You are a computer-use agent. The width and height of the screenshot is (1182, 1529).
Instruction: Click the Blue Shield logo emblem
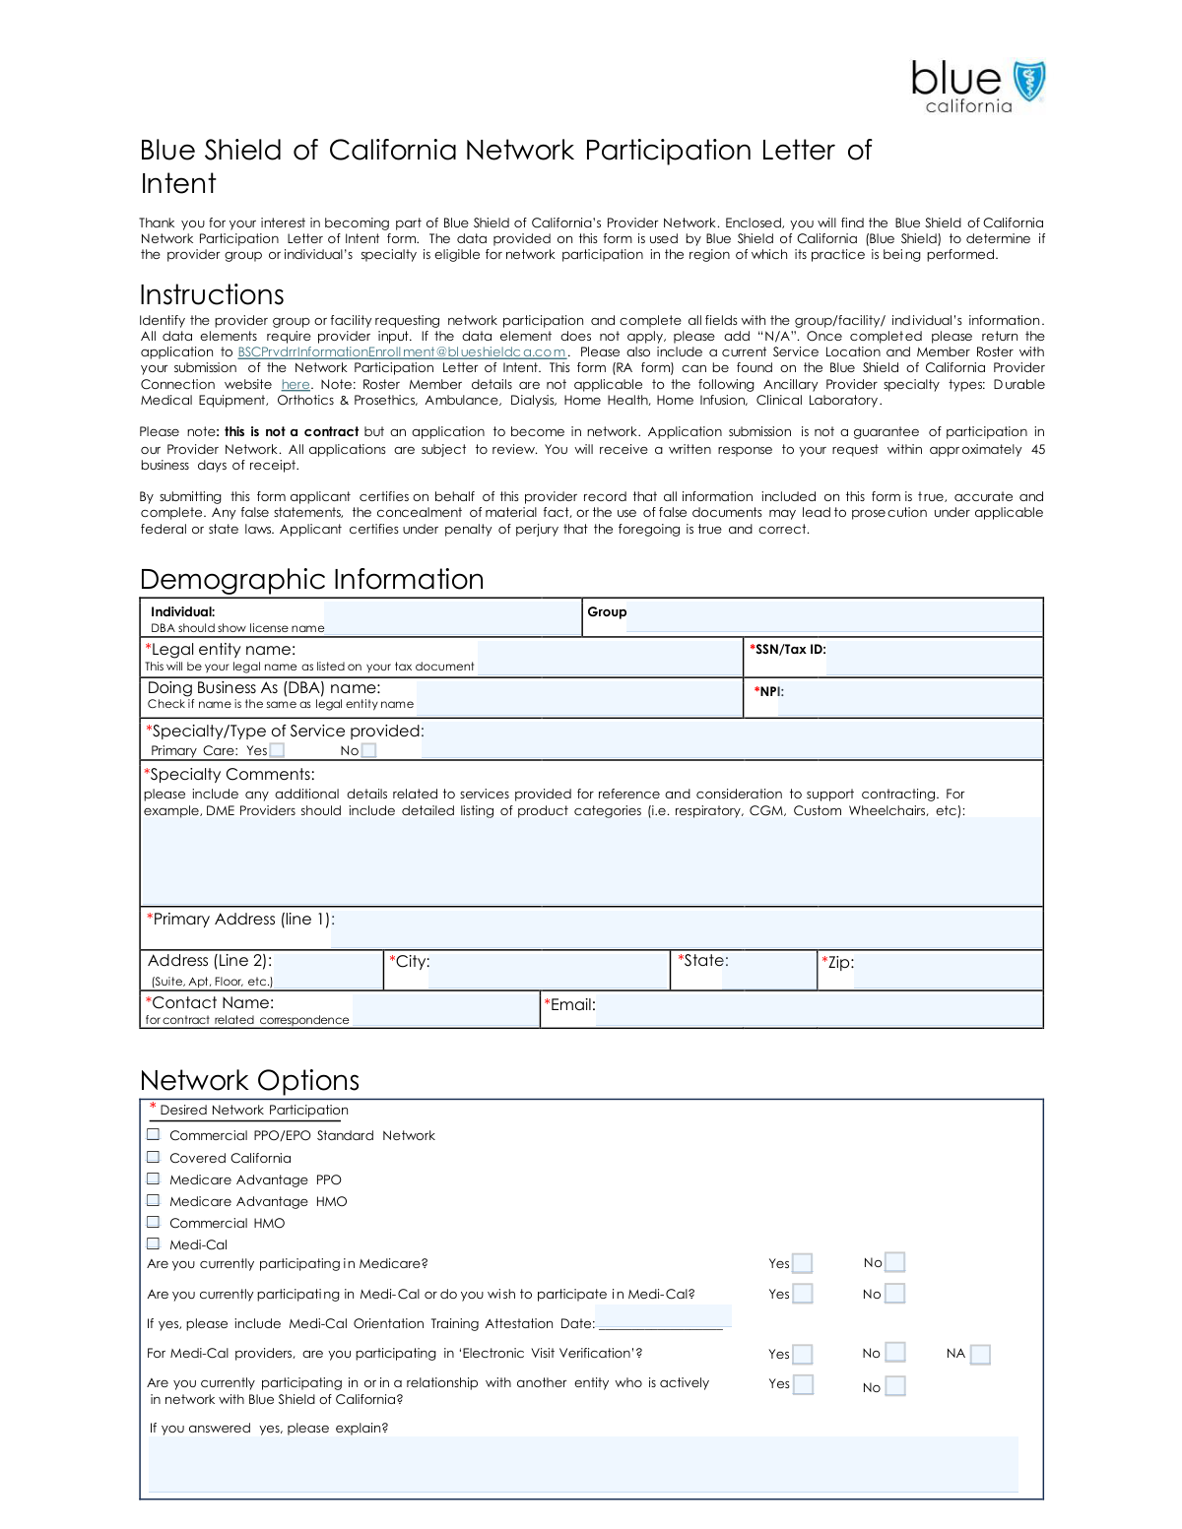[1029, 82]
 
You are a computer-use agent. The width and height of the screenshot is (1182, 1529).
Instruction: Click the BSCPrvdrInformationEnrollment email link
[402, 352]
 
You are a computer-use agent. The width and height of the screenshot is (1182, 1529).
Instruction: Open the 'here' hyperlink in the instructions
[295, 385]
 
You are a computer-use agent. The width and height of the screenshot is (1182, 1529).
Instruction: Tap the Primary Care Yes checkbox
[278, 750]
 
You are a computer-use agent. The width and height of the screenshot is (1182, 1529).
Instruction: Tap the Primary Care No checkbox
[368, 750]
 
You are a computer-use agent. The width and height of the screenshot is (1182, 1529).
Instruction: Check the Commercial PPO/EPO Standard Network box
[154, 1134]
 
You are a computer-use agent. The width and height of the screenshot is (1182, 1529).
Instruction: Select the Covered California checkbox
[154, 1157]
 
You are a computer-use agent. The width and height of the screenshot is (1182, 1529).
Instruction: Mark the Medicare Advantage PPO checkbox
[154, 1179]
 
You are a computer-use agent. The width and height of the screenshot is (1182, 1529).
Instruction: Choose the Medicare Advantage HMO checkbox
[154, 1200]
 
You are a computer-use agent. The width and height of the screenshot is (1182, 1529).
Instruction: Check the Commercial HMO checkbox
[154, 1222]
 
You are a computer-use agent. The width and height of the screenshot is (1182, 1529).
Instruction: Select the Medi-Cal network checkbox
[154, 1243]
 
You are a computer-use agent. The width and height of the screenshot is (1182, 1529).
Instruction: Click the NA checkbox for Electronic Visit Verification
[980, 1355]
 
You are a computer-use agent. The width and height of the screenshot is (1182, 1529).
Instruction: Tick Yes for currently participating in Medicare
[803, 1263]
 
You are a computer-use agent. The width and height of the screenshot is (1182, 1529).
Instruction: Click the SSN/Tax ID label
[788, 650]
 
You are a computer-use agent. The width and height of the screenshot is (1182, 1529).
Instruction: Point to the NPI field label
[769, 692]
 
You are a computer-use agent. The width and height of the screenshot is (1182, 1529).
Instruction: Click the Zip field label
[838, 962]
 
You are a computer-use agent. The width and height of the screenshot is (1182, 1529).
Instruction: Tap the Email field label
[570, 1005]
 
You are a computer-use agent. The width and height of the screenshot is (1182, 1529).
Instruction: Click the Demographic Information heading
[312, 579]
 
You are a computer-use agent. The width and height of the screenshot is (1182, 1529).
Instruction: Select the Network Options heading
[250, 1080]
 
